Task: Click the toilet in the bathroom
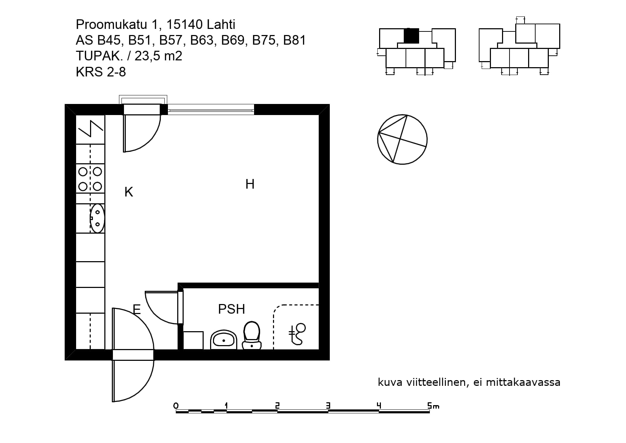(x=252, y=335)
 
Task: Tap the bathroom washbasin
(x=224, y=340)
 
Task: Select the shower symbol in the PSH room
(x=297, y=334)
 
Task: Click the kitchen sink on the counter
(x=97, y=218)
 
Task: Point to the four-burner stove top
(x=90, y=179)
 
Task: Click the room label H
(x=250, y=184)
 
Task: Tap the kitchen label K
(x=129, y=192)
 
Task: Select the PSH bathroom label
(x=232, y=309)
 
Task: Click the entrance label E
(x=136, y=309)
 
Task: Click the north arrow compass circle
(x=402, y=139)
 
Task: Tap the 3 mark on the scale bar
(x=328, y=405)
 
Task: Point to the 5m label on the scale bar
(x=433, y=405)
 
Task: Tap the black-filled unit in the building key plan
(x=411, y=36)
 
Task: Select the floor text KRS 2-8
(x=101, y=72)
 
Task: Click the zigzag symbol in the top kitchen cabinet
(x=91, y=129)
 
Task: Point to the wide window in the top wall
(x=211, y=110)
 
